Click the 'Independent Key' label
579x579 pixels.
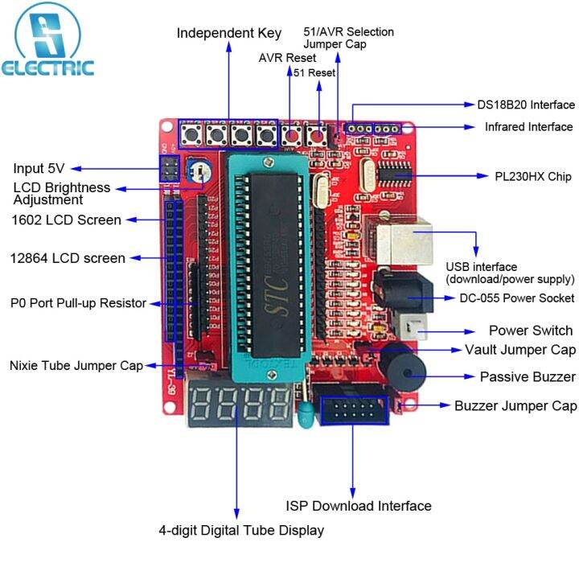point(229,33)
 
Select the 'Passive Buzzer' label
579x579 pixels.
point(528,376)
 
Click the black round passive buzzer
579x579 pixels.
point(407,369)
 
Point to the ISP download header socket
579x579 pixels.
point(353,413)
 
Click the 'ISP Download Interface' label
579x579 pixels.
point(359,506)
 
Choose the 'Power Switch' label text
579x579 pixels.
point(531,331)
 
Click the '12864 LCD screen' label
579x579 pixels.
point(68,258)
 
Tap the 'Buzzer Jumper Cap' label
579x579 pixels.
point(515,406)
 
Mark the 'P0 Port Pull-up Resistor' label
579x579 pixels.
point(78,303)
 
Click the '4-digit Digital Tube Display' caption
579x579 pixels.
point(241,530)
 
